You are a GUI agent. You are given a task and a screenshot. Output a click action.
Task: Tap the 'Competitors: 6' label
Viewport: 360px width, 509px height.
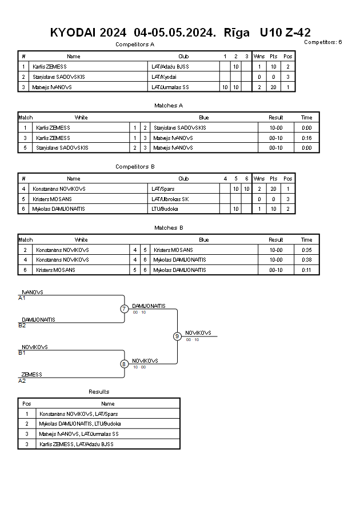tap(323, 42)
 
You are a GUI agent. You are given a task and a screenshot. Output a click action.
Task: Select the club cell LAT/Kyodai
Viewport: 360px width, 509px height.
tap(164, 77)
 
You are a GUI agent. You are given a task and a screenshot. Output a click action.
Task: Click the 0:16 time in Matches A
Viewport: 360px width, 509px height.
tap(306, 138)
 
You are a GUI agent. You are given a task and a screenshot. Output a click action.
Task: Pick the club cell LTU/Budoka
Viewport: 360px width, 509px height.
tap(165, 209)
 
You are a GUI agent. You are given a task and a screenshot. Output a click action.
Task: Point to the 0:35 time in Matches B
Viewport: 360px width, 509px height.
tap(306, 250)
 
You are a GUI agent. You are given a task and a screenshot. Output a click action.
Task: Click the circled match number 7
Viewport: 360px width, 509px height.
tap(124, 308)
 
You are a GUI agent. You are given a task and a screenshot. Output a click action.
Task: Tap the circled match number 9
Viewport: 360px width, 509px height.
tap(177, 336)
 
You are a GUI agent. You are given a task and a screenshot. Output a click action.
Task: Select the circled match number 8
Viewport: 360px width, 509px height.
tap(123, 364)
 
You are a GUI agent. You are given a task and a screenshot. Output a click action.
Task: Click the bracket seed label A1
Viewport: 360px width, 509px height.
tap(22, 298)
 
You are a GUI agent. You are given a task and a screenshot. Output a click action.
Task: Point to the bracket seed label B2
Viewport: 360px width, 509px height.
tap(22, 325)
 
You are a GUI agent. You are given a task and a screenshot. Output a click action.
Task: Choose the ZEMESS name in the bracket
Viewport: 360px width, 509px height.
tap(32, 374)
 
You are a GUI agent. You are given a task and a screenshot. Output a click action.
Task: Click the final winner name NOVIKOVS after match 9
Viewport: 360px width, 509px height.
tap(198, 332)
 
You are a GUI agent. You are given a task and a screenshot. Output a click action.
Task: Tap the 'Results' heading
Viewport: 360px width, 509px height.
tap(99, 391)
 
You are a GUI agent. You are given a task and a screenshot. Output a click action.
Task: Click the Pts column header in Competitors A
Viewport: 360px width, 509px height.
tap(273, 57)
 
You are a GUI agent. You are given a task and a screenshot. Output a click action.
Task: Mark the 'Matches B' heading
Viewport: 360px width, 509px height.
tap(169, 227)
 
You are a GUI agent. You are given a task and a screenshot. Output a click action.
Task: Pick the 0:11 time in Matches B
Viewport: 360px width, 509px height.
tap(306, 270)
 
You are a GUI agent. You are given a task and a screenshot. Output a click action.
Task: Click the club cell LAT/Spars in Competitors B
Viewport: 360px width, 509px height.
tap(163, 189)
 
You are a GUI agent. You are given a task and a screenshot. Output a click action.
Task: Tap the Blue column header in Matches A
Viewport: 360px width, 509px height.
tap(204, 118)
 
